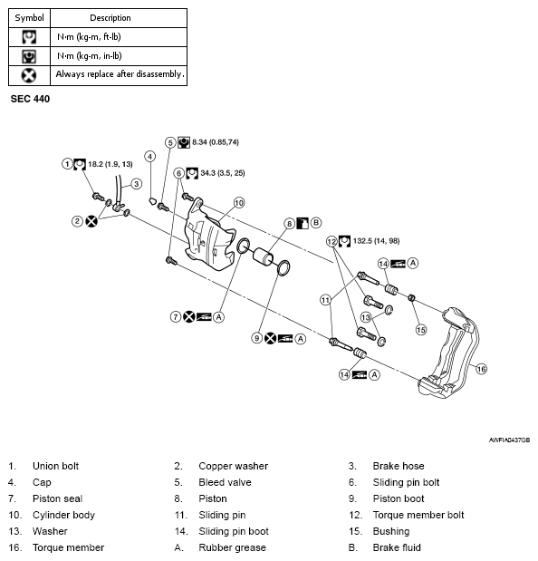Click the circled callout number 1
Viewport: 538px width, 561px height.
tap(67, 164)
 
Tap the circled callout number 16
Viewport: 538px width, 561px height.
tap(481, 369)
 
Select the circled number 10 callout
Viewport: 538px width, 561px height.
tap(239, 203)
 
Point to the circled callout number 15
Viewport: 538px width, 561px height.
tap(420, 330)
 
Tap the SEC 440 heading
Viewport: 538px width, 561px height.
tap(32, 98)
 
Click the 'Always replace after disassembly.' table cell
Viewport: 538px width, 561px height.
tap(120, 74)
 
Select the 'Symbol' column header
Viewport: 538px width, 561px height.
tap(29, 17)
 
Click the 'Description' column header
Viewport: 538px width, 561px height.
tap(110, 17)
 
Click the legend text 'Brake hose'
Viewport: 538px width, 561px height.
tap(398, 466)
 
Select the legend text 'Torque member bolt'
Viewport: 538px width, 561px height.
tap(418, 515)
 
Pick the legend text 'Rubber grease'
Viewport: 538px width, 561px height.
tap(233, 547)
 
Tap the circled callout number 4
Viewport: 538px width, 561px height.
tap(149, 156)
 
